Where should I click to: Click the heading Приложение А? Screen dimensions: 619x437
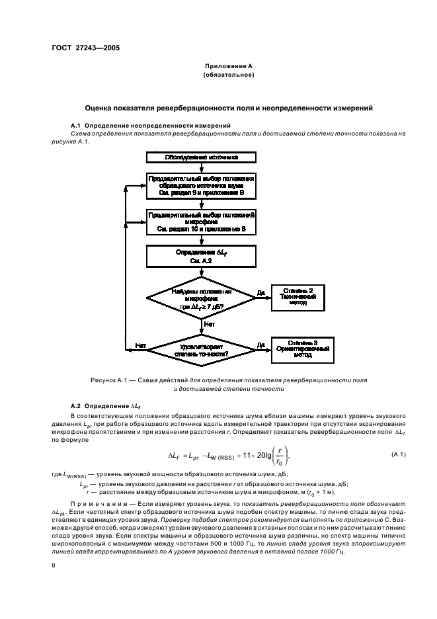[x=229, y=67]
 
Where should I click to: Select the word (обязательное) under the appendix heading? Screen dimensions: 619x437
[x=229, y=75]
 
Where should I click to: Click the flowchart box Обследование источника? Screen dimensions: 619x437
[x=201, y=157]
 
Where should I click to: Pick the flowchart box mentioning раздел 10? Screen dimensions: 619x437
[x=201, y=222]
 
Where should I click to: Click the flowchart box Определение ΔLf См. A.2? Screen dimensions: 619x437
[x=201, y=256]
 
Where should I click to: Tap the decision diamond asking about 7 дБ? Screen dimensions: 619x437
[x=201, y=299]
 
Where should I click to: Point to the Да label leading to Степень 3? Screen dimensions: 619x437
[x=260, y=345]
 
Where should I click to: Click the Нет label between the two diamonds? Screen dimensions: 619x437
[x=210, y=325]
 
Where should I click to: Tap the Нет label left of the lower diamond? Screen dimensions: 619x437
[x=140, y=345]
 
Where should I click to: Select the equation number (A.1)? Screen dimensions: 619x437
[x=398, y=454]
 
